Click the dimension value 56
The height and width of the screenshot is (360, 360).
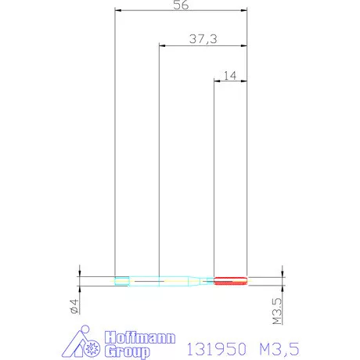181,5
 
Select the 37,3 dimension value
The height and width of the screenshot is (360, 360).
203,39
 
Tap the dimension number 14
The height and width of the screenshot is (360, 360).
230,76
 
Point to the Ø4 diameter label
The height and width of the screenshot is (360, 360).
74,306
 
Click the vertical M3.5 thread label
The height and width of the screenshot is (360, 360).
278,311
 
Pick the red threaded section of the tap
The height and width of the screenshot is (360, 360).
230,281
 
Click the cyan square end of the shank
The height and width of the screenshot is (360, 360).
122,281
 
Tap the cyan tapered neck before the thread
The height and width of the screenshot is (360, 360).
194,281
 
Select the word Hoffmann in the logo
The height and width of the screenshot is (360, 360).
140,338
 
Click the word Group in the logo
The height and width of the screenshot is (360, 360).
128,352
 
